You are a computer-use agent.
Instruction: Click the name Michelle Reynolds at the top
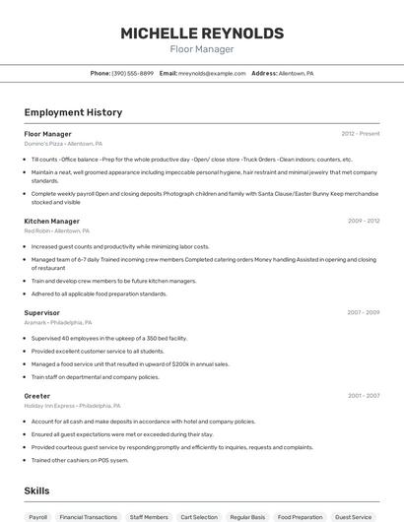pyautogui.click(x=202, y=33)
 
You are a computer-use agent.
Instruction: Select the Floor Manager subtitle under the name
pyautogui.click(x=202, y=49)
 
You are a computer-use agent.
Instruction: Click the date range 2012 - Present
pyautogui.click(x=361, y=133)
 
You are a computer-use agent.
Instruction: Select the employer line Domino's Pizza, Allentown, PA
pyautogui.click(x=63, y=144)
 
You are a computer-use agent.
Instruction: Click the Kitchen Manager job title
pyautogui.click(x=51, y=222)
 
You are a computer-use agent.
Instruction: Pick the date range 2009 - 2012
pyautogui.click(x=364, y=222)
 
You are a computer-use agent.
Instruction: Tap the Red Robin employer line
pyautogui.click(x=56, y=231)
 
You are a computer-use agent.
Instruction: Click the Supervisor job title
pyautogui.click(x=41, y=312)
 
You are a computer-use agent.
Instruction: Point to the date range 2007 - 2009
pyautogui.click(x=364, y=312)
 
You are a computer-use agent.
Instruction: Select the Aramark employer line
pyautogui.click(x=58, y=322)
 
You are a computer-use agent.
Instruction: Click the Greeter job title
pyautogui.click(x=37, y=396)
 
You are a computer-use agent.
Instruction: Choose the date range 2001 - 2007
pyautogui.click(x=364, y=396)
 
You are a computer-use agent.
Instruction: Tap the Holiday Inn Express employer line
pyautogui.click(x=72, y=406)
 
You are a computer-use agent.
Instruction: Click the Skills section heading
pyautogui.click(x=36, y=489)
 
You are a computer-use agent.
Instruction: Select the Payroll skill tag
pyautogui.click(x=38, y=516)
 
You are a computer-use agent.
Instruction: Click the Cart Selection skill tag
pyautogui.click(x=199, y=516)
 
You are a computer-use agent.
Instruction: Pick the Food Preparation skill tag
pyautogui.click(x=300, y=516)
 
